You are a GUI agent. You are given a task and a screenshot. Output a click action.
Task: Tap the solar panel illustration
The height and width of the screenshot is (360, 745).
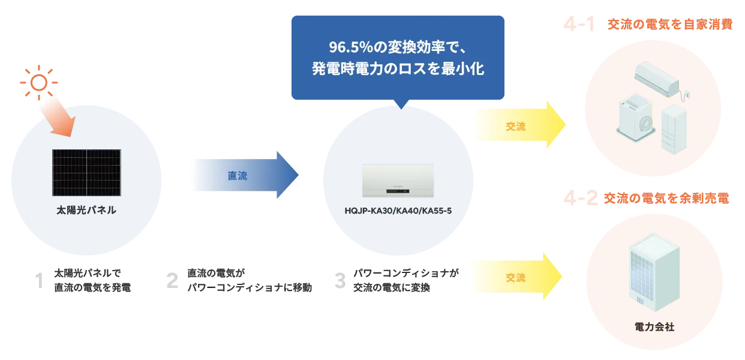pyautogui.click(x=86, y=173)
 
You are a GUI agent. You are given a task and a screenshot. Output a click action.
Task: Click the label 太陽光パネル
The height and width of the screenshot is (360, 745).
pyautogui.click(x=86, y=211)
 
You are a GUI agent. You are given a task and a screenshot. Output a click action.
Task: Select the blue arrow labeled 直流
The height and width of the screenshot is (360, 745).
pyautogui.click(x=240, y=176)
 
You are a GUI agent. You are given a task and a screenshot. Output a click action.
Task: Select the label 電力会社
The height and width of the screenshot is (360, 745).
pyautogui.click(x=654, y=327)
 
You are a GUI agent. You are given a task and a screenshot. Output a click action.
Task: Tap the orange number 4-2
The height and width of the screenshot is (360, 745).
pyautogui.click(x=581, y=199)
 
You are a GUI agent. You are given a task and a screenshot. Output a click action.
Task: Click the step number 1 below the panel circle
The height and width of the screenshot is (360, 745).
pyautogui.click(x=41, y=280)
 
